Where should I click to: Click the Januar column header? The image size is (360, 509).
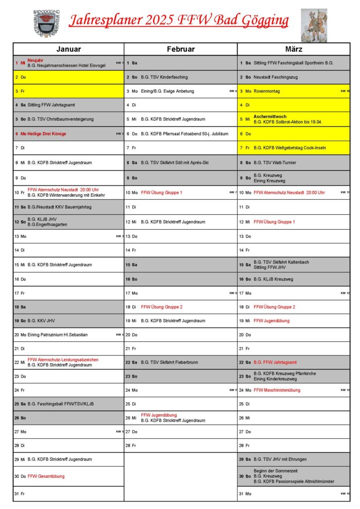coord(69,49)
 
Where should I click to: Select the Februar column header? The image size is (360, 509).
coord(180,49)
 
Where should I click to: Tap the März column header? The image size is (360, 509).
coord(294,49)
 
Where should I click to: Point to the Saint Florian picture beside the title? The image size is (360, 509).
coord(314,25)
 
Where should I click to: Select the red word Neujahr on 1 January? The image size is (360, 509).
coord(35,60)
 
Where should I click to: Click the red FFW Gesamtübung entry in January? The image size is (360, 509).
coord(46,476)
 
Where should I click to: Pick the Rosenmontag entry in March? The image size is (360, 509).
coord(267,91)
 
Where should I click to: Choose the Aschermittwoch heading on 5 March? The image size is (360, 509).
coord(270,117)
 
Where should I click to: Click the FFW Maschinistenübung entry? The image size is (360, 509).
coord(277,390)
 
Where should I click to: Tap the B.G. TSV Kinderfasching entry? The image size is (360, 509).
coord(164,78)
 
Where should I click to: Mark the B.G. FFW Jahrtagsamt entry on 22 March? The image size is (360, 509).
coord(275,362)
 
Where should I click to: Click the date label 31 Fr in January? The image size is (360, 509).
coord(20,494)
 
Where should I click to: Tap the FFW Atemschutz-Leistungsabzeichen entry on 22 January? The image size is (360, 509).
coord(63,359)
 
